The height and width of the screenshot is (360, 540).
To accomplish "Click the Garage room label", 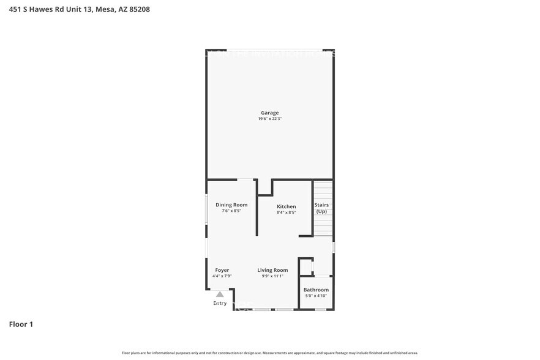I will (x=269, y=113).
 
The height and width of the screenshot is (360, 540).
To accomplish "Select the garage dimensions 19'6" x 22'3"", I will (x=269, y=119).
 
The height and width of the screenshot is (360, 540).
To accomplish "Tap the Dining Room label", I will (x=231, y=205).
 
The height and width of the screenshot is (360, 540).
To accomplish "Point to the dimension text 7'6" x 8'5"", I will (x=231, y=211).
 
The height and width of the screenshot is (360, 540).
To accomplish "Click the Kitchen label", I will (x=286, y=207).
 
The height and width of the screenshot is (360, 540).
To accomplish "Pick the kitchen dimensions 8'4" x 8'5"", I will (x=286, y=213).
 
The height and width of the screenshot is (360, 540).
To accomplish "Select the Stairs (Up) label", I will (x=321, y=208).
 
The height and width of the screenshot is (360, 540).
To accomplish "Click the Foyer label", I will (x=222, y=270).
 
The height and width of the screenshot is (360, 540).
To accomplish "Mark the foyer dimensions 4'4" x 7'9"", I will (x=222, y=276).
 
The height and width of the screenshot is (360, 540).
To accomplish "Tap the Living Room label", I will (x=272, y=270).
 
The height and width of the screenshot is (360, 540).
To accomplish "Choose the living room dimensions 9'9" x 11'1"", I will (x=272, y=276).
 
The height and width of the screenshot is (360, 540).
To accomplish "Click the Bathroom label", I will (x=316, y=290).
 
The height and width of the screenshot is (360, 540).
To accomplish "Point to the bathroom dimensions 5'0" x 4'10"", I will (x=316, y=296).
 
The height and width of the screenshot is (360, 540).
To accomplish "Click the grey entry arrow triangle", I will (x=220, y=294).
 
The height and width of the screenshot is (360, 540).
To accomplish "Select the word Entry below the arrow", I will (x=220, y=303).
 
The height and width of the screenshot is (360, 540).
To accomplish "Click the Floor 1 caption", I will (x=21, y=324).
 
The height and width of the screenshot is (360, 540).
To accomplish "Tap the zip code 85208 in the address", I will (x=138, y=9).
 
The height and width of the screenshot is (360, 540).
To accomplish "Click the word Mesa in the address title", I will (x=104, y=9).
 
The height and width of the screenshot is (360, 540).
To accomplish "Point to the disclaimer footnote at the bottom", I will (x=269, y=353).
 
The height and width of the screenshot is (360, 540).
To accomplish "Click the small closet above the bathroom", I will (x=306, y=267).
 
